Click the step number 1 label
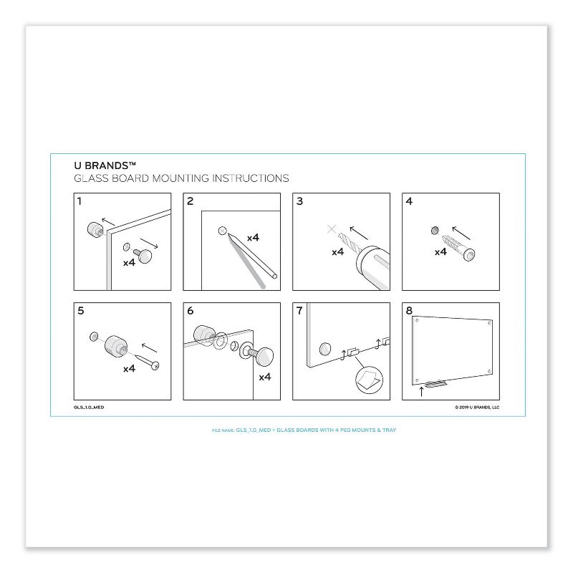point(80,201)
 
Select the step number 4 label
point(409,201)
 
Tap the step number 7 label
point(299,312)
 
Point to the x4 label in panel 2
point(253,237)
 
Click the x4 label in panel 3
point(337,251)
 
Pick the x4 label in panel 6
point(264,376)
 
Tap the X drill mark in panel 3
point(331,229)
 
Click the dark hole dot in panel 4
point(434,230)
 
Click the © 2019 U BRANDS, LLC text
point(477,407)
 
